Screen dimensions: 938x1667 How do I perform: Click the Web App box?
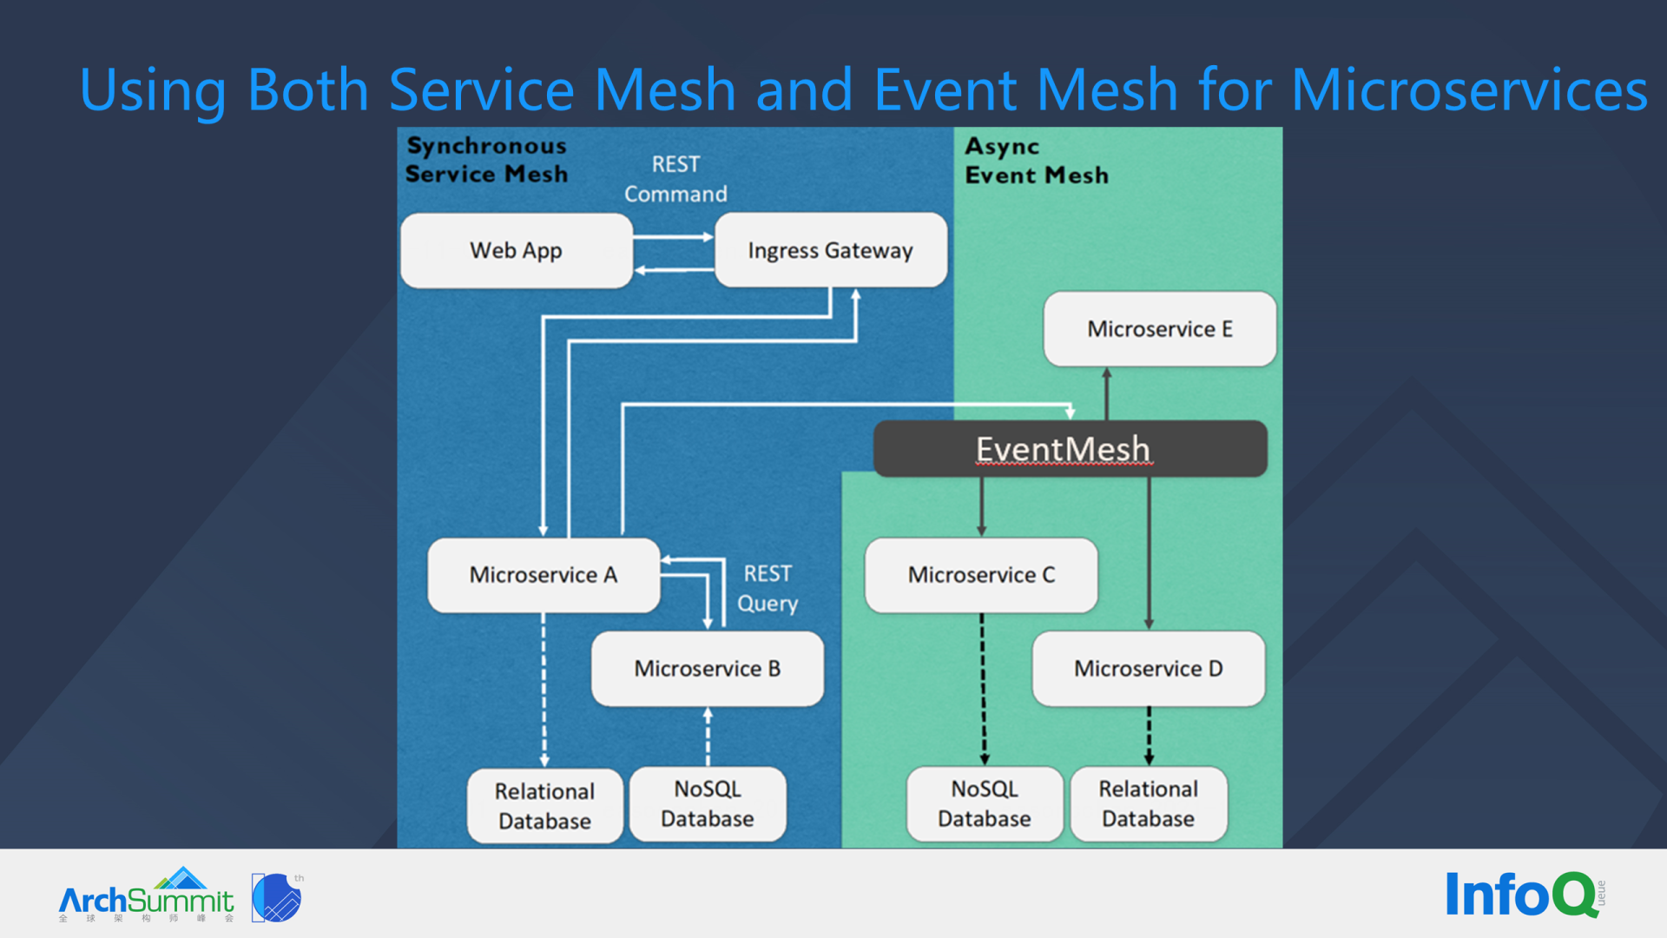tap(517, 250)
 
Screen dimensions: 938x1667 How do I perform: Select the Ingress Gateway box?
tap(830, 250)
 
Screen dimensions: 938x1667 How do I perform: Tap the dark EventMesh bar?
tap(1070, 449)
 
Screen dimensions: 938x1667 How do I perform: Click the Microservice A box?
tap(544, 575)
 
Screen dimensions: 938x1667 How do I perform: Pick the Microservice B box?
tap(707, 669)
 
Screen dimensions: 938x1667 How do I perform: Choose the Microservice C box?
tap(981, 575)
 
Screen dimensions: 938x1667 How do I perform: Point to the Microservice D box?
tap(1148, 669)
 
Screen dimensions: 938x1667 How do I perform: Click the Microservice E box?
tap(1159, 329)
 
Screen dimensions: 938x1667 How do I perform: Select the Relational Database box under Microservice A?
tap(544, 805)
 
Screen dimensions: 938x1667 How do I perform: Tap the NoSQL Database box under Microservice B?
tap(707, 803)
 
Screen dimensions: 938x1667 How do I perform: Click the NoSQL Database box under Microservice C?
tap(984, 803)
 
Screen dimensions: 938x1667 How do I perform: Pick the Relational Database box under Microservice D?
tap(1148, 803)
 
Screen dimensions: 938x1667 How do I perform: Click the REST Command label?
tap(675, 179)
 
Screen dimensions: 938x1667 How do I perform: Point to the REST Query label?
tap(768, 588)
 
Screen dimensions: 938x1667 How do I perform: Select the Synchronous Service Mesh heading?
tap(486, 160)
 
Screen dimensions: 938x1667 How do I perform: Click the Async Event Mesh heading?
tap(1036, 161)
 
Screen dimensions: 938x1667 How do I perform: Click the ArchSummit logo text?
tap(146, 901)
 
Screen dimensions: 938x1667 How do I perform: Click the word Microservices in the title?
tap(1469, 90)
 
